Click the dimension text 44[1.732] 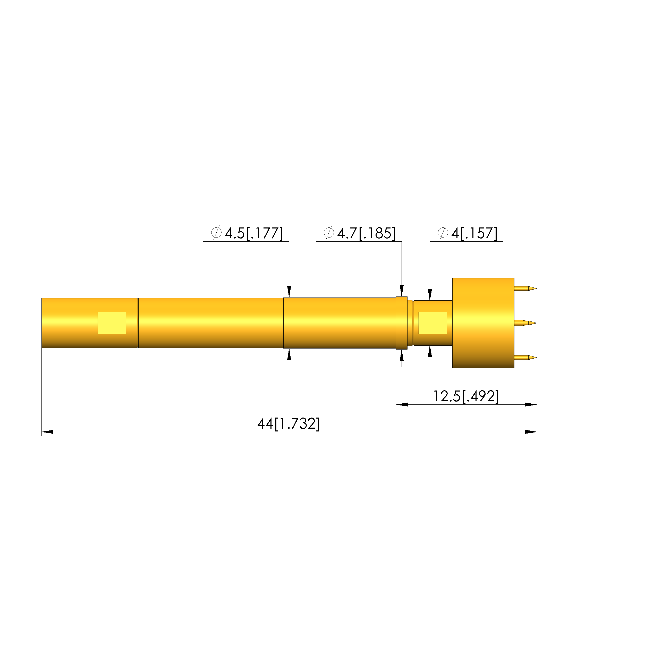tap(288, 424)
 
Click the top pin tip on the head tap(536, 288)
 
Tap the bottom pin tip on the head tap(536, 358)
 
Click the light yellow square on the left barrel tap(112, 323)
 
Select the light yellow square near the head tap(433, 323)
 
